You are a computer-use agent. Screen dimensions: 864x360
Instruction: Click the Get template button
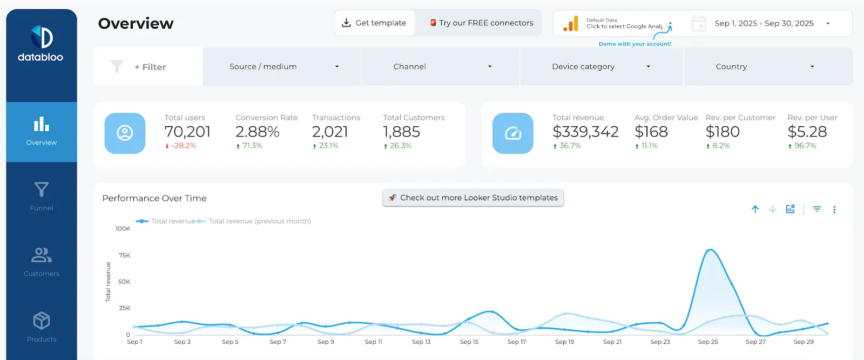(375, 23)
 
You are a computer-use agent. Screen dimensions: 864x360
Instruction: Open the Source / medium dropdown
(281, 67)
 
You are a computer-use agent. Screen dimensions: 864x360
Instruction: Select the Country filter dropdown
(768, 67)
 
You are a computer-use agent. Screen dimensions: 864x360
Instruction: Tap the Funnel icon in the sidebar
(41, 189)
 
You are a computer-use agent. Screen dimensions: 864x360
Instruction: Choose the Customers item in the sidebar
(41, 262)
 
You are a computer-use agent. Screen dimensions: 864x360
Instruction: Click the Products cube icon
(41, 320)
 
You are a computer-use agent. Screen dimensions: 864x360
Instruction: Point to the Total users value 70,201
(187, 132)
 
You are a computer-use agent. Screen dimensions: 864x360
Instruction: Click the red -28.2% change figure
(184, 146)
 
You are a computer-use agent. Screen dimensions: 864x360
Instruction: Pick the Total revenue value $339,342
(585, 132)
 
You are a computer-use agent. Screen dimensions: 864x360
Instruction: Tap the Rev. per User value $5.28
(807, 132)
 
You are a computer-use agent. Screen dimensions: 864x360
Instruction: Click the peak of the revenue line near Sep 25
(710, 250)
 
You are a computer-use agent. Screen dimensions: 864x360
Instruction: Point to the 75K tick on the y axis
(125, 255)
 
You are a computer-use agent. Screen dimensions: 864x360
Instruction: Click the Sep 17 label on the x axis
(517, 342)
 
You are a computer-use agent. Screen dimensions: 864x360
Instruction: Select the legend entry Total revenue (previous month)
(260, 221)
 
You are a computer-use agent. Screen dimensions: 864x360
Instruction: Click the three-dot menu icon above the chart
(834, 209)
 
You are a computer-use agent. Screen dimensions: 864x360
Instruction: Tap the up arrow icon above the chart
(755, 209)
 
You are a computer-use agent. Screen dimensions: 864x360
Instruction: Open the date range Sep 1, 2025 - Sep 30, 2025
(764, 24)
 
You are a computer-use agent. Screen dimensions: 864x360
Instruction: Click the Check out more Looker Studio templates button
(473, 198)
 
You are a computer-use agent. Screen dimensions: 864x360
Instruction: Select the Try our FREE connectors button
(482, 23)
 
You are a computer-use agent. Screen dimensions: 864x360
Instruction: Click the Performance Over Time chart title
(154, 198)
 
